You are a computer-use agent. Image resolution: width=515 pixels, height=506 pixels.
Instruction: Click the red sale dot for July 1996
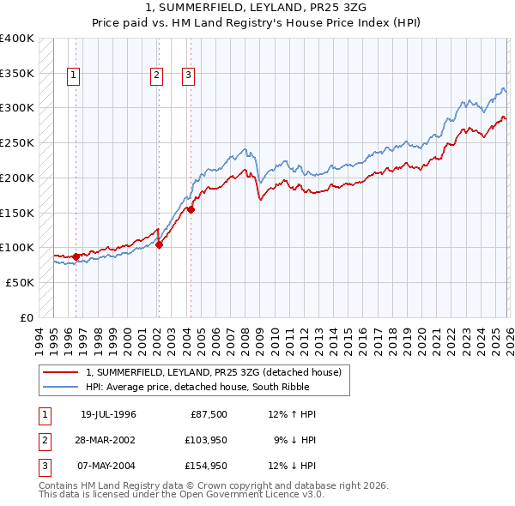tap(76, 256)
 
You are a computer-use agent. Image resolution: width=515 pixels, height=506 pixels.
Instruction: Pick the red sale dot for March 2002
tap(159, 244)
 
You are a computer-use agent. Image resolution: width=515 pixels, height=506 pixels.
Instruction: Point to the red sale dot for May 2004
tap(191, 208)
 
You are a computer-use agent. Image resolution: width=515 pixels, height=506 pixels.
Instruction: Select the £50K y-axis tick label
tap(19, 282)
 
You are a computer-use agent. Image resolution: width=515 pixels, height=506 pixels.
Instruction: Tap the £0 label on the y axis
tap(26, 317)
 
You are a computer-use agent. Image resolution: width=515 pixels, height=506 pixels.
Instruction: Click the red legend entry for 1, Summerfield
tap(214, 372)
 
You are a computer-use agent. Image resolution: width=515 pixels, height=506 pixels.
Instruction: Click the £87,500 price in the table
tap(209, 414)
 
